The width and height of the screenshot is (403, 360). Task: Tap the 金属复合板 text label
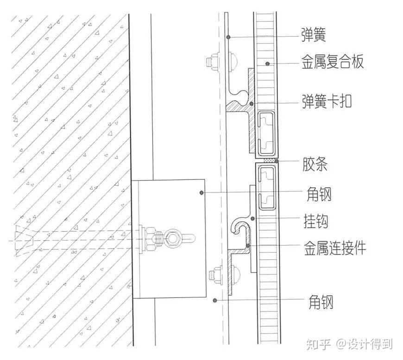coord(333,63)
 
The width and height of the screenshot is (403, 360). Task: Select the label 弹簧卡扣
coord(327,101)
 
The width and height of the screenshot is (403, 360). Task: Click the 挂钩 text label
coord(316,221)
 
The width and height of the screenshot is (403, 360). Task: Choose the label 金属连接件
coord(335,248)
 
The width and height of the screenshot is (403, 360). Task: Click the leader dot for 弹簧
coord(228,37)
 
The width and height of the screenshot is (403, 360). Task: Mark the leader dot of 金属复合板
coord(268,63)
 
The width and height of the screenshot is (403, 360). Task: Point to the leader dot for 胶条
coord(277,161)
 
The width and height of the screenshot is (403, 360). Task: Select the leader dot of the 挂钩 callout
coord(253,218)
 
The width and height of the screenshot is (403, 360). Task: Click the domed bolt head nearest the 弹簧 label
coord(234,60)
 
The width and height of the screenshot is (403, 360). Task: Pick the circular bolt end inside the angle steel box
coord(175,239)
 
